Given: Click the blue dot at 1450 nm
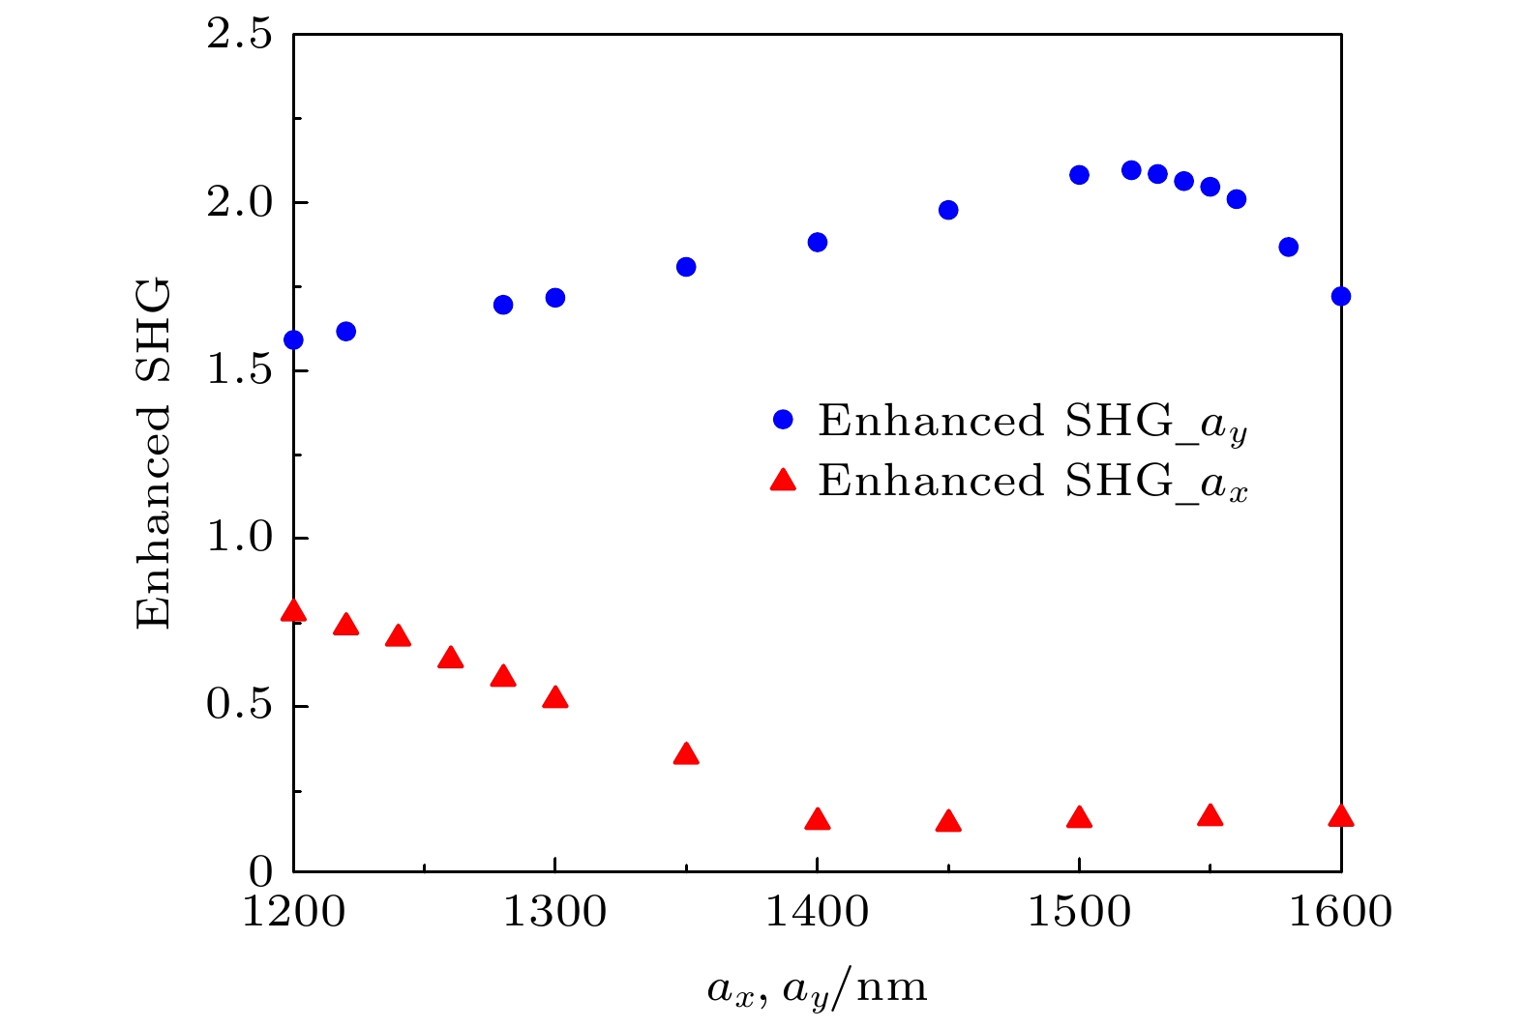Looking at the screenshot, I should [x=948, y=210].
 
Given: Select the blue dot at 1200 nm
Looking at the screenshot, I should [x=293, y=339].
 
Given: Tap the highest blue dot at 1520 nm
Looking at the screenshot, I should [x=1131, y=170].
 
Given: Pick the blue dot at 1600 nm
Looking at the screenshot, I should [x=1340, y=296].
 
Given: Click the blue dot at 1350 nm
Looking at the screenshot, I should [x=686, y=267].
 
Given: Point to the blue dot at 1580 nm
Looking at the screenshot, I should [x=1288, y=247].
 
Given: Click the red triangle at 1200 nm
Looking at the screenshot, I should [x=293, y=611].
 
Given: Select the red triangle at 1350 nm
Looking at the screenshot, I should [x=686, y=754].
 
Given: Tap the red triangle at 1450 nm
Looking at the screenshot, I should [x=948, y=822].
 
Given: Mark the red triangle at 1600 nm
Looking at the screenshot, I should [x=1340, y=816].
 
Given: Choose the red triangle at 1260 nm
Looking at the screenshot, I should [x=450, y=659].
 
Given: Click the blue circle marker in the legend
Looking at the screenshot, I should [x=783, y=420].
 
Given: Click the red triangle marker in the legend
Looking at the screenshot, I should [x=783, y=480].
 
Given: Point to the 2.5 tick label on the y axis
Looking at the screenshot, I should [x=239, y=36].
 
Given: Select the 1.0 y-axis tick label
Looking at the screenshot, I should [x=239, y=538].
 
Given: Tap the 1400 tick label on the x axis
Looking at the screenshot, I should [x=817, y=912].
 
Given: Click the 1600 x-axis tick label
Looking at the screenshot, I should [x=1340, y=912].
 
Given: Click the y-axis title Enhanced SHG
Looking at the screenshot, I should [x=153, y=453].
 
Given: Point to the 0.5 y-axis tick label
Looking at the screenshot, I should [x=239, y=705].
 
